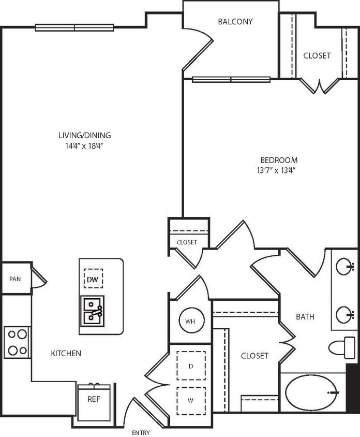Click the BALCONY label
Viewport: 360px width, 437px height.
[235, 22]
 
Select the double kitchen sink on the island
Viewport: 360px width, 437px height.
[93, 310]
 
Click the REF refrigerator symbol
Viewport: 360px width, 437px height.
[94, 400]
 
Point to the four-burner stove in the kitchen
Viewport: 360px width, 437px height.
[17, 342]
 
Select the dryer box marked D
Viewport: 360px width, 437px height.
[191, 366]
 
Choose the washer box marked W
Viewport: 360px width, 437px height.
[191, 399]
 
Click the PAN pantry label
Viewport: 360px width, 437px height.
[15, 279]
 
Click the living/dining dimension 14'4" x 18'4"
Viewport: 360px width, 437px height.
[84, 145]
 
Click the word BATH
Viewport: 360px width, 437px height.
[305, 316]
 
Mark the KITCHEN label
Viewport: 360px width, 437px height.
[66, 354]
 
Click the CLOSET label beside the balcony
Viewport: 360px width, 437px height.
[317, 55]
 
